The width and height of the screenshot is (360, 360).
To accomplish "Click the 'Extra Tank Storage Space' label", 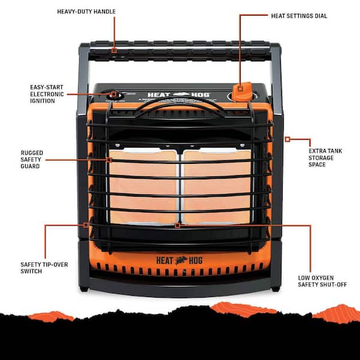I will pos(326,157).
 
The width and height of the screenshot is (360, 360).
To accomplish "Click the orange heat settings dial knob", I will pos(240,92).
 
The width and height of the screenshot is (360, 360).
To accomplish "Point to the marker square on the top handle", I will pos(114,50).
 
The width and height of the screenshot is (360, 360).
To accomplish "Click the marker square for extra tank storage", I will pos(287,139).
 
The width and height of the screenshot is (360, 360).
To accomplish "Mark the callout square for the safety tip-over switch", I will pos(87,225).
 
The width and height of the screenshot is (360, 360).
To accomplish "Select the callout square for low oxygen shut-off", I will pos(178,226).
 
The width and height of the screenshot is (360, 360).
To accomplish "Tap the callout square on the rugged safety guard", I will pos(110,160).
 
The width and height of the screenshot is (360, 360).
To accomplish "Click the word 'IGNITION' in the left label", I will pos(42,101).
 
